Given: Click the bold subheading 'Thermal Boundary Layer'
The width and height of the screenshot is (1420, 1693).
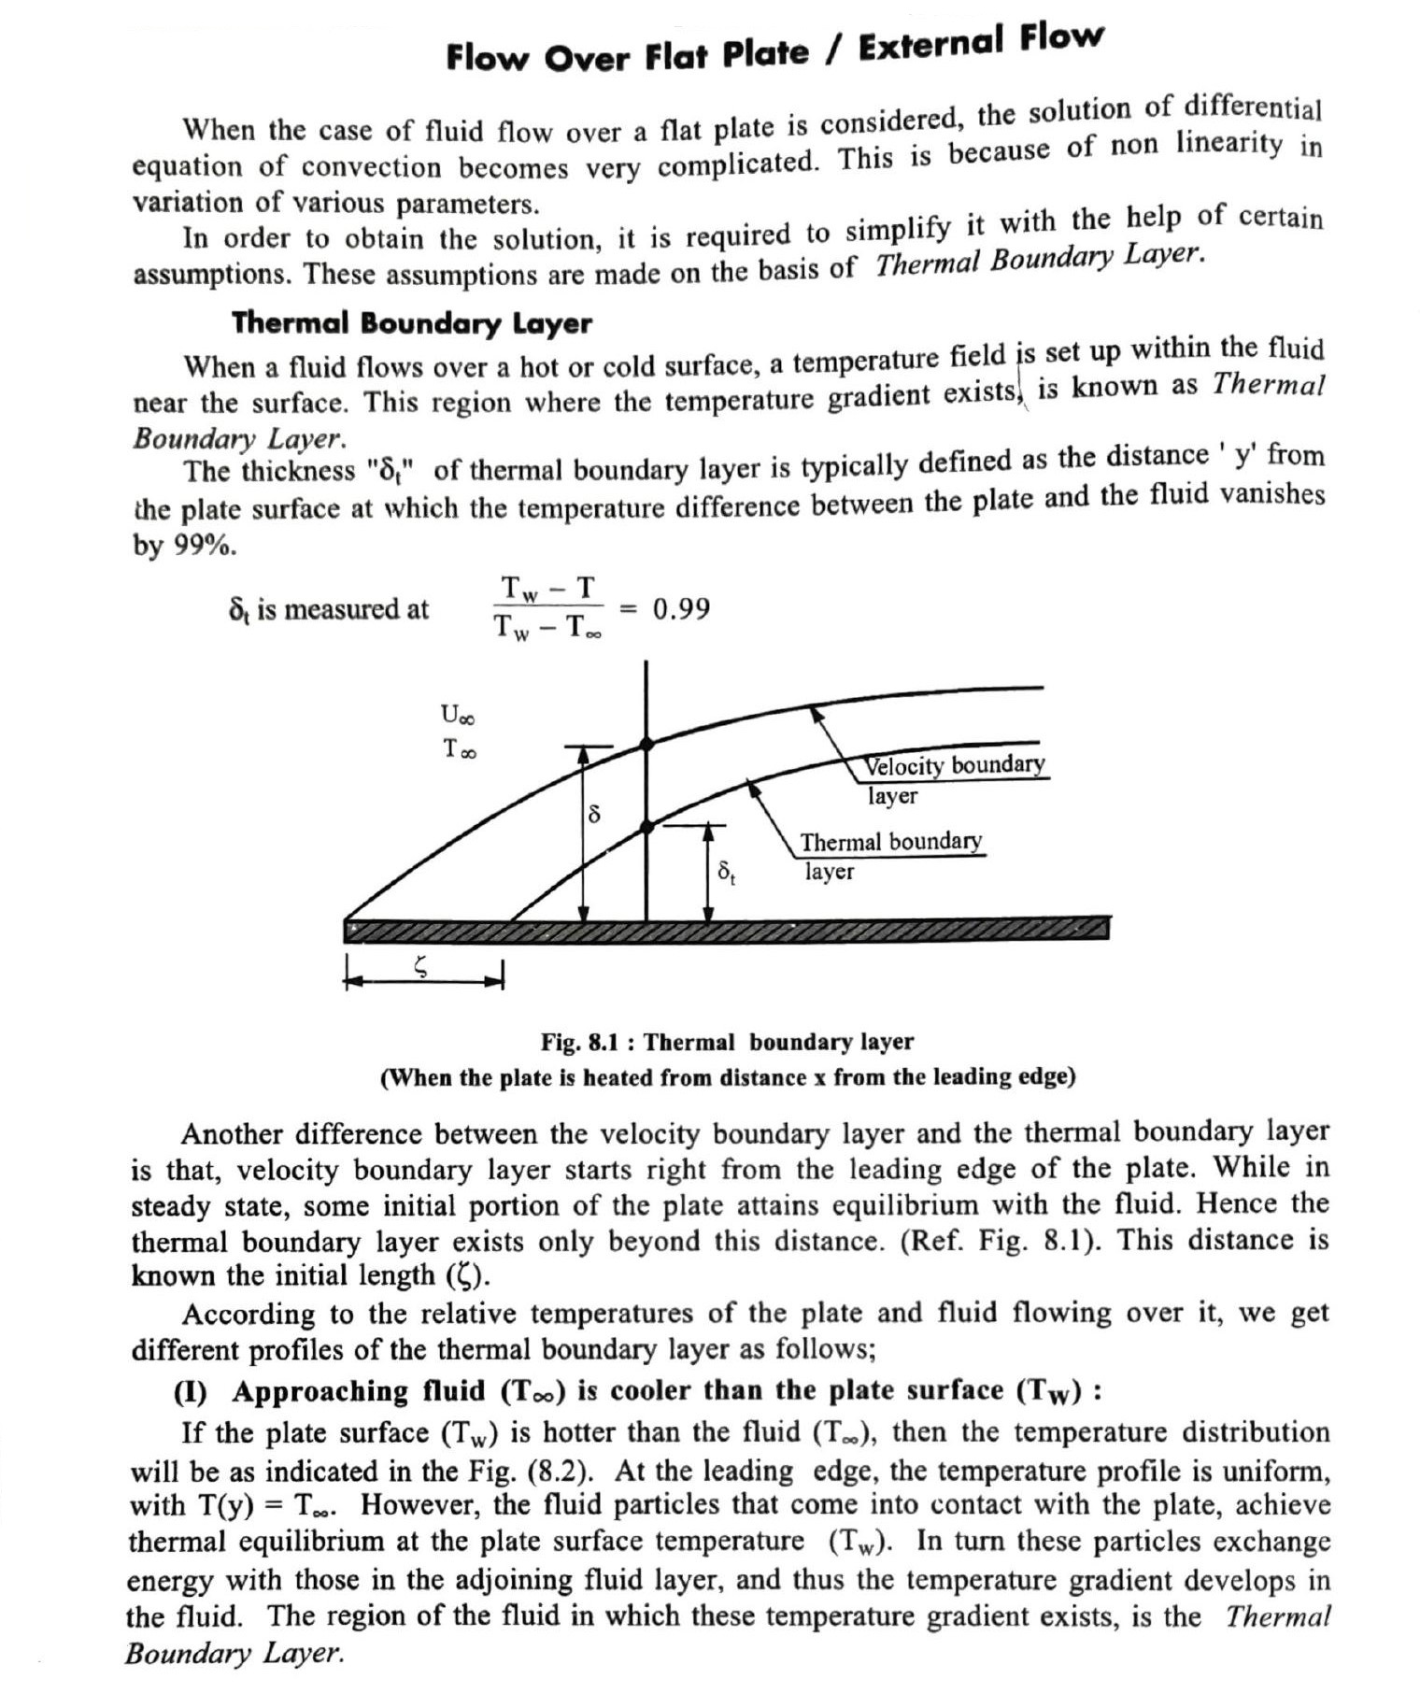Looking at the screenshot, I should coord(411,323).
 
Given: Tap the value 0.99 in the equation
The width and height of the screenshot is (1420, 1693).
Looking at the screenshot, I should coord(681,609).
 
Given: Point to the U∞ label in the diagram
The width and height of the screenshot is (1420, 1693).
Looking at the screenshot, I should coord(457,716).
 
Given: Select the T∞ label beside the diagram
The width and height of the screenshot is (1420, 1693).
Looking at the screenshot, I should coord(459,748).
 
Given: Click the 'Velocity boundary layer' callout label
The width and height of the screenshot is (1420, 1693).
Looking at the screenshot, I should coord(953,778).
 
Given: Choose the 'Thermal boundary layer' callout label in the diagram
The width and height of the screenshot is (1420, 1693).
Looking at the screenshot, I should coord(890,854).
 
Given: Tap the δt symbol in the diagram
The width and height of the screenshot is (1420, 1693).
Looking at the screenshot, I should coord(726,874).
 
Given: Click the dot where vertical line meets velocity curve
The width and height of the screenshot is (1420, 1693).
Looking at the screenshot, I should coord(646,744).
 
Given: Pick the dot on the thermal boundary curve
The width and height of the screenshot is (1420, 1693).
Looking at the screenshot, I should coord(646,826).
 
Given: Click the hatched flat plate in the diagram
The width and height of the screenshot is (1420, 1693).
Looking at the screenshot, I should coord(727,929).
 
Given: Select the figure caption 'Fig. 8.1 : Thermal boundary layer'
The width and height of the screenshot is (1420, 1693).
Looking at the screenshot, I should coord(727,1042).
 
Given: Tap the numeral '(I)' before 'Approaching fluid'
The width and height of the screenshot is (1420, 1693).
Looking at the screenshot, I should coord(191,1392).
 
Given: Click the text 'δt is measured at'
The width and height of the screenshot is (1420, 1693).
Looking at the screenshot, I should coord(328,609).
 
